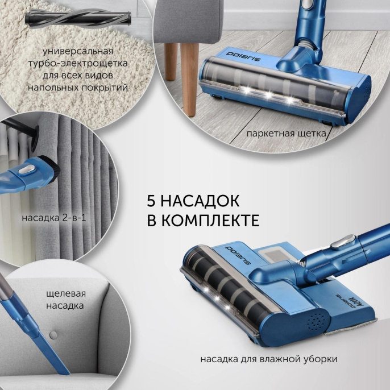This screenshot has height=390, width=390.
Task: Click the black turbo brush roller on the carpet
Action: point(78,17)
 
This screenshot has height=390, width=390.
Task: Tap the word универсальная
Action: point(78,51)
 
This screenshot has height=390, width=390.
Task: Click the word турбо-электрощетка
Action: point(78,63)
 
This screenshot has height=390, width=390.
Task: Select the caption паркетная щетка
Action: point(286,134)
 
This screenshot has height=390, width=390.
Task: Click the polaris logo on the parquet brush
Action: point(243,57)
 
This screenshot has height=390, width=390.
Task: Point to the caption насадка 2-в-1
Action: point(54,218)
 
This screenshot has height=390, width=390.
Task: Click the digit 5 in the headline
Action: point(151,201)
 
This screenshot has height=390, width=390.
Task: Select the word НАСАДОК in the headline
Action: point(200,201)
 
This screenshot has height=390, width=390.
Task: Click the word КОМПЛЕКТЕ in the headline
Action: point(211,220)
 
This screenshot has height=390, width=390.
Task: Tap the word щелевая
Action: point(66,294)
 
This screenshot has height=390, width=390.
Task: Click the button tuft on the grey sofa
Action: point(53,335)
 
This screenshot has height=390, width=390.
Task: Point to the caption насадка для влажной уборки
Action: point(269,359)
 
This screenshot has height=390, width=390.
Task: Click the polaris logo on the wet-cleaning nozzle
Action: point(238,255)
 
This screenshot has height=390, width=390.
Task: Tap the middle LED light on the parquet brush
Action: point(268,95)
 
